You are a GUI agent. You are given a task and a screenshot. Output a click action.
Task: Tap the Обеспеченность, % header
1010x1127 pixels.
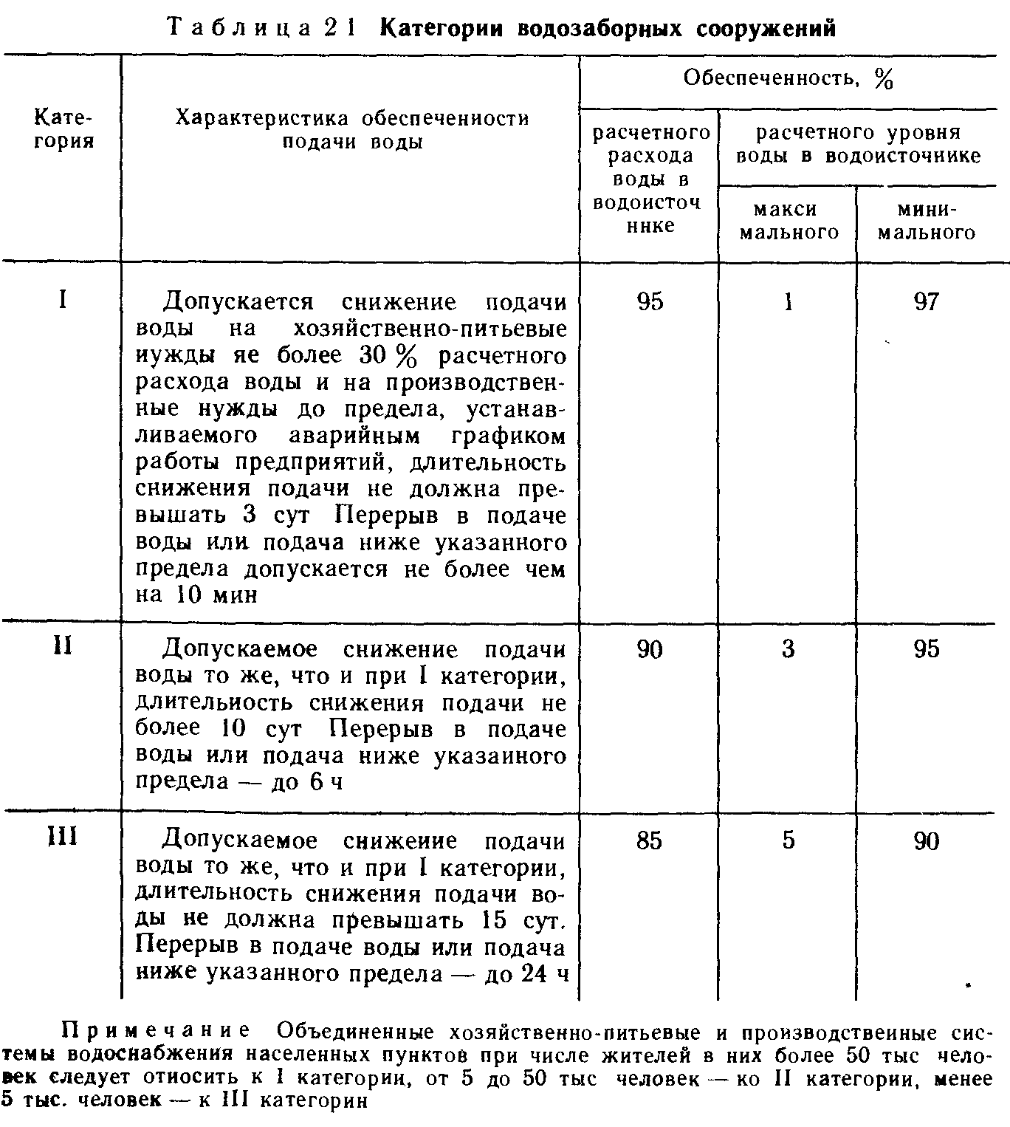tap(788, 78)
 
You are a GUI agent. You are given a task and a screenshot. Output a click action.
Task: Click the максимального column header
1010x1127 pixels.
tap(789, 221)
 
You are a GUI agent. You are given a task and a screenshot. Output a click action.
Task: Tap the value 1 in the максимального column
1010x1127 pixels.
tap(789, 301)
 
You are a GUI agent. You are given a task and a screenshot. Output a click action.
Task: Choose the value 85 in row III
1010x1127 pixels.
tap(649, 840)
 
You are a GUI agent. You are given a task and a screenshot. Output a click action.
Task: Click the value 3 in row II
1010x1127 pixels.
tap(789, 649)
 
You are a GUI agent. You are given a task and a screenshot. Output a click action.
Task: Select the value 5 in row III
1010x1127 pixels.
tap(789, 840)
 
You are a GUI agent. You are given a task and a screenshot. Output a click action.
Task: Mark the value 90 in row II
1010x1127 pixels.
tap(649, 649)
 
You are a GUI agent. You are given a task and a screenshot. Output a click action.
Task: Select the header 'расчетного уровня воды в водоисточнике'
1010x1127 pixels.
tap(859, 144)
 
